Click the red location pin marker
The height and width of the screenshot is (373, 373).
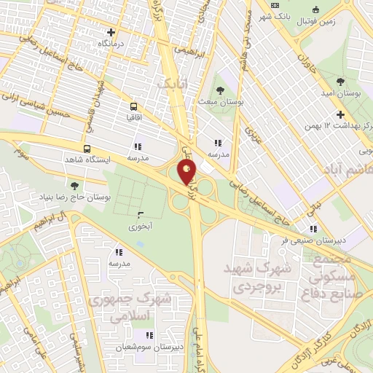click(187, 172)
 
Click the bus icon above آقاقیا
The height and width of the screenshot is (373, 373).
click(133, 105)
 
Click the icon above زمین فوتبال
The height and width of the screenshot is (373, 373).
click(315, 9)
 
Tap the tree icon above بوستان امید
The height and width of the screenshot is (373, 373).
click(342, 81)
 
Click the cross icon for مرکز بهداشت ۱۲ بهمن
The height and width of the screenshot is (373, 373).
click(340, 114)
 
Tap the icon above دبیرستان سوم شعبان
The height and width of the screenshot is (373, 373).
click(149, 335)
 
